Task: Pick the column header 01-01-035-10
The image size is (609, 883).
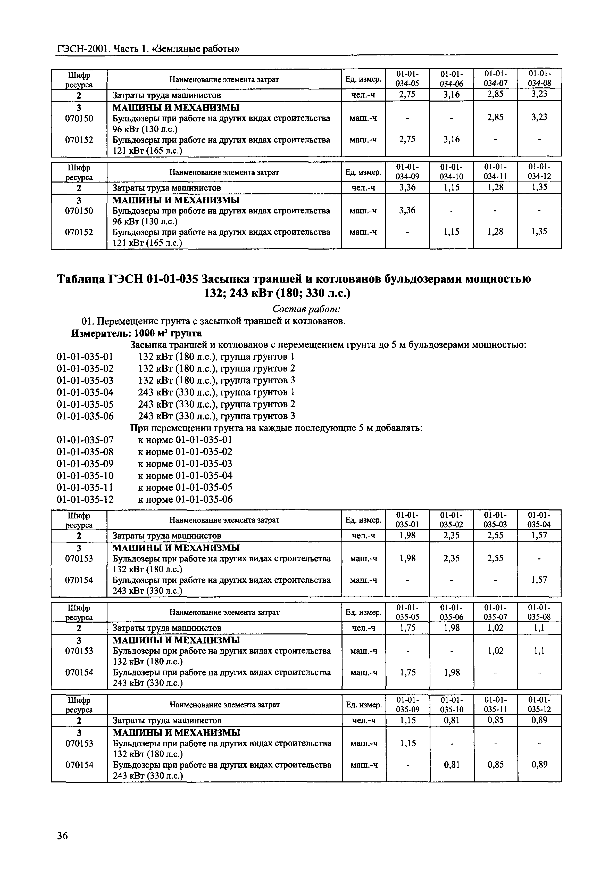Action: point(452,704)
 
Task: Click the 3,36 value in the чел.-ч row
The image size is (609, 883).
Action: point(407,187)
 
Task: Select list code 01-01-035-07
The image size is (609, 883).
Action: point(85,440)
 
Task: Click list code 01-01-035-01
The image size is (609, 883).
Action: point(85,357)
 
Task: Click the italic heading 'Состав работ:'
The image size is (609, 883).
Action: point(306,309)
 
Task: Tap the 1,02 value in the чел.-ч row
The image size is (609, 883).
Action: point(495,628)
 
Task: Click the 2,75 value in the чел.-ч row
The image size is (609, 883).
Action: point(407,95)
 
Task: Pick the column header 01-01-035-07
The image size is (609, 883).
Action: point(495,612)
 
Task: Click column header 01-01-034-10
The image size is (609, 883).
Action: point(452,171)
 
